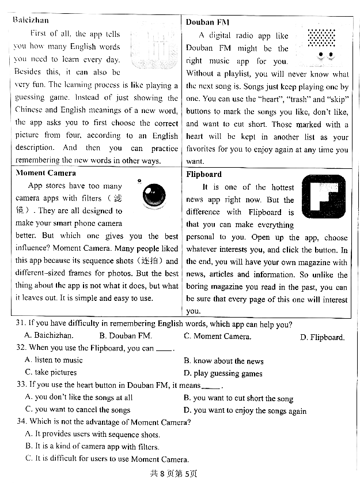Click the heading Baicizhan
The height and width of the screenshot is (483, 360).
pyautogui.click(x=31, y=20)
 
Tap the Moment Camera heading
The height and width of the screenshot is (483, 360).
pyautogui.click(x=46, y=172)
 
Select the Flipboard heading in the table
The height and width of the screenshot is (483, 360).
pyautogui.click(x=204, y=174)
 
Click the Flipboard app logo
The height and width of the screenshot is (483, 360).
pyautogui.click(x=323, y=197)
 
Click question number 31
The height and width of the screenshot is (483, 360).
pyautogui.click(x=22, y=324)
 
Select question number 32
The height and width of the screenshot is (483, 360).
pyautogui.click(x=22, y=348)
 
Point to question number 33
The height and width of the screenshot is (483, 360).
pyautogui.click(x=22, y=384)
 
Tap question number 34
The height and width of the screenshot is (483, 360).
pyautogui.click(x=22, y=422)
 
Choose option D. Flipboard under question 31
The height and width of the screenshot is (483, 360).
pyautogui.click(x=322, y=337)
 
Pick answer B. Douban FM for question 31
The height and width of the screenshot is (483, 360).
pyautogui.click(x=126, y=336)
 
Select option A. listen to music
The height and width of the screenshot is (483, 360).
pyautogui.click(x=54, y=360)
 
